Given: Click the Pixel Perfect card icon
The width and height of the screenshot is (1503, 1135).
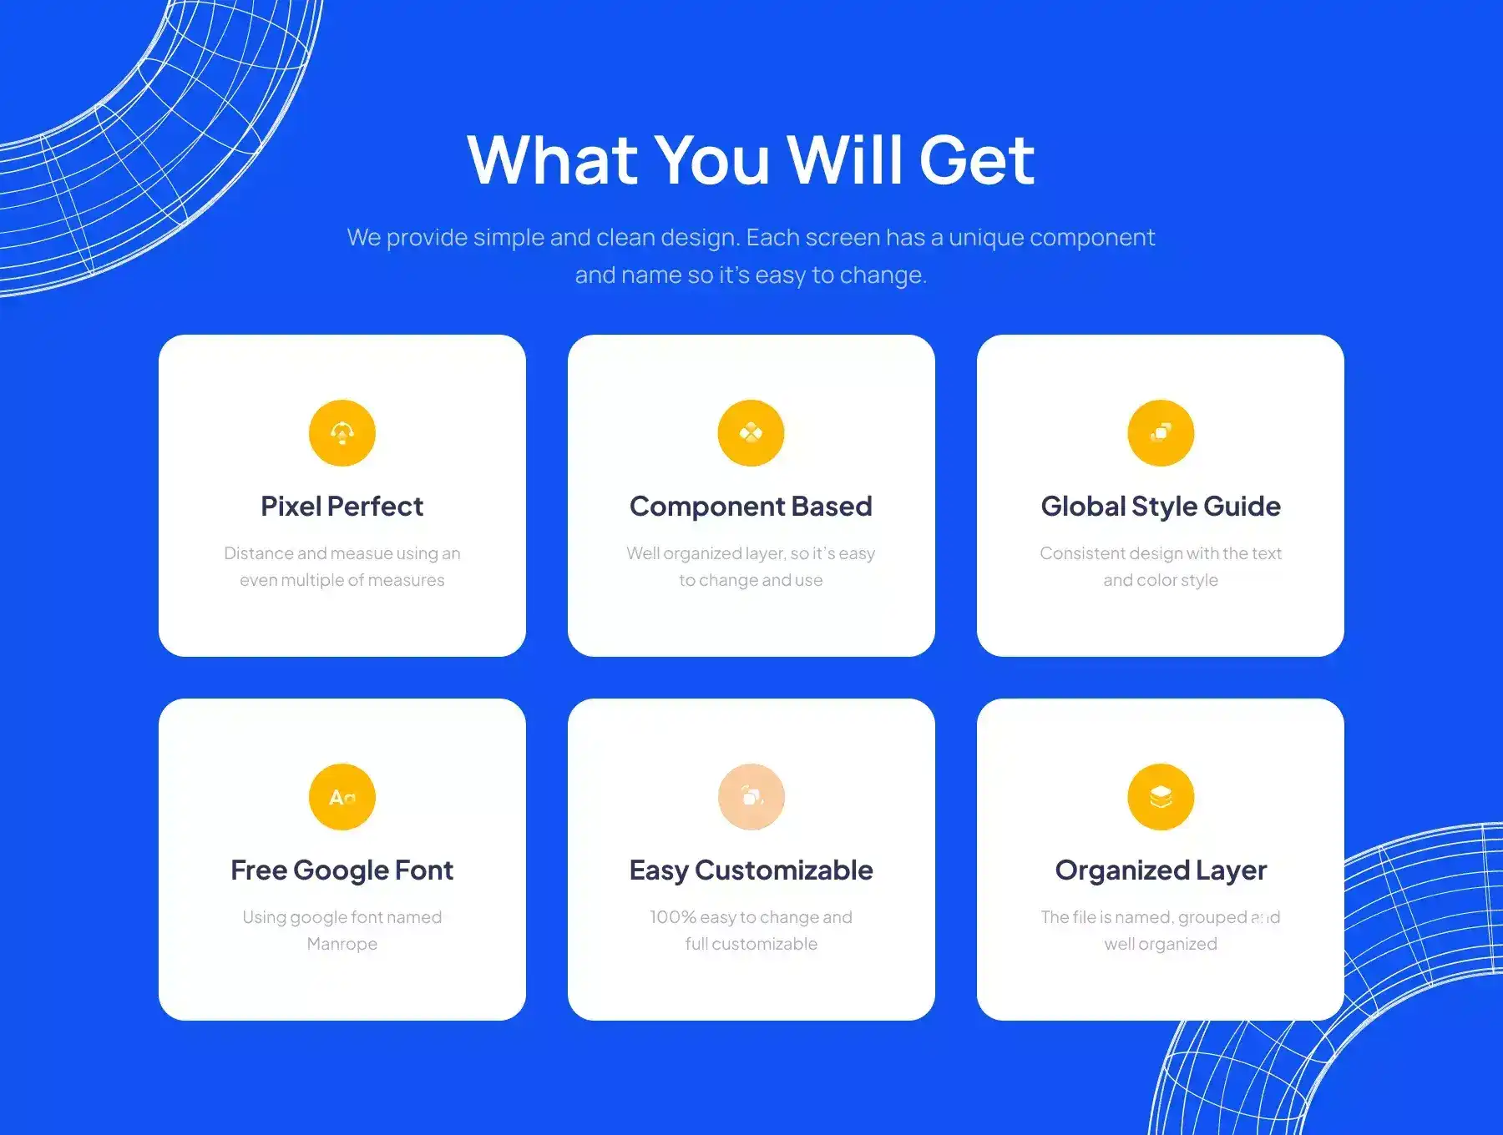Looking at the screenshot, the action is click(342, 433).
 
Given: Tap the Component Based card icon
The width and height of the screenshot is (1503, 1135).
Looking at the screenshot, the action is click(751, 433).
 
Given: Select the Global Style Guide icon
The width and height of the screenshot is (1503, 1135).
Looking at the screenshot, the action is click(1161, 433).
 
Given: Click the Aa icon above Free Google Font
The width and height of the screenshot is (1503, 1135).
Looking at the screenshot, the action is click(342, 797).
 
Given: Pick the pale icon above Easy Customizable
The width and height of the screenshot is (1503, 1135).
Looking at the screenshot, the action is click(751, 797).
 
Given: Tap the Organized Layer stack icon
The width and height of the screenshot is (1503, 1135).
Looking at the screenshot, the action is click(1161, 797).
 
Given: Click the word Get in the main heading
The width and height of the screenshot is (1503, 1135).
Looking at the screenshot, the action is click(977, 160).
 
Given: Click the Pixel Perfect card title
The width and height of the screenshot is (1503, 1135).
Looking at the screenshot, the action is click(342, 507).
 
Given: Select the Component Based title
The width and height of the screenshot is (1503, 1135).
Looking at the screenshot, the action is click(751, 507).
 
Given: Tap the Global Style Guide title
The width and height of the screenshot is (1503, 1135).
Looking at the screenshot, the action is click(1161, 507).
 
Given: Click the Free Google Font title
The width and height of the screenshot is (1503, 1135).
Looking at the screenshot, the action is click(342, 870).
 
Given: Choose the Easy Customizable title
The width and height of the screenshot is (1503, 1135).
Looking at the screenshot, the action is click(751, 870).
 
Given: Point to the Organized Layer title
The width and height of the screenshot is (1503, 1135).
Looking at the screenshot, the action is click(1161, 870).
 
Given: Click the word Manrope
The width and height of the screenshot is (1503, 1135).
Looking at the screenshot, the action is click(342, 944).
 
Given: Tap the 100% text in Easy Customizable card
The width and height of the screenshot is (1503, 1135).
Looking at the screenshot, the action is click(673, 917).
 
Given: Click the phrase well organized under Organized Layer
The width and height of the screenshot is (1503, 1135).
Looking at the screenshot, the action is click(1161, 944).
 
